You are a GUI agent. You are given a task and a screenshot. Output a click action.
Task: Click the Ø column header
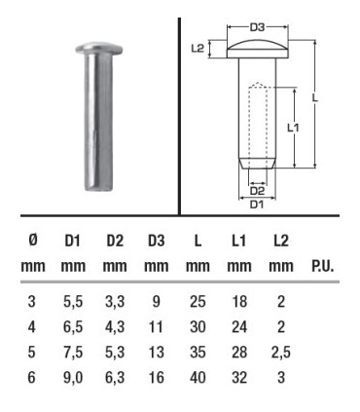pyautogui.click(x=33, y=241)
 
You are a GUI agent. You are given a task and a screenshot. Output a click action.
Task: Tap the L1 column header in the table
pyautogui.click(x=238, y=241)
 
